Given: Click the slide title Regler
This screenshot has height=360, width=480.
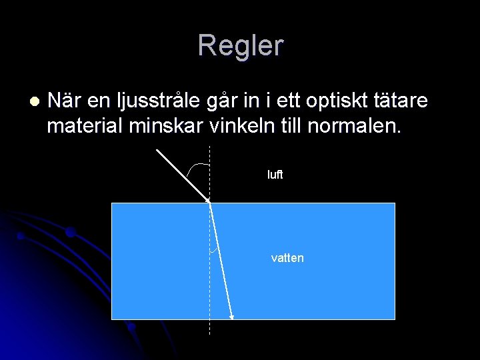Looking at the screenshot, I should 240,45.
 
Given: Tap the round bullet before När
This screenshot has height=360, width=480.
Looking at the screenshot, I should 35,101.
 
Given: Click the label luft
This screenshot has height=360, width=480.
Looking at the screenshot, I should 275,175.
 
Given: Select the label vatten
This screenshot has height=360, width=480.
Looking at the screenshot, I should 287,258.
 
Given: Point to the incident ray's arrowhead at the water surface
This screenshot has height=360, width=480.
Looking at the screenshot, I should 207,199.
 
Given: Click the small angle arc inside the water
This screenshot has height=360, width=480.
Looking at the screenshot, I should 214,251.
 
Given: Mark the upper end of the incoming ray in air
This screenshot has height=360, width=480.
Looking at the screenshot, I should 157,149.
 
